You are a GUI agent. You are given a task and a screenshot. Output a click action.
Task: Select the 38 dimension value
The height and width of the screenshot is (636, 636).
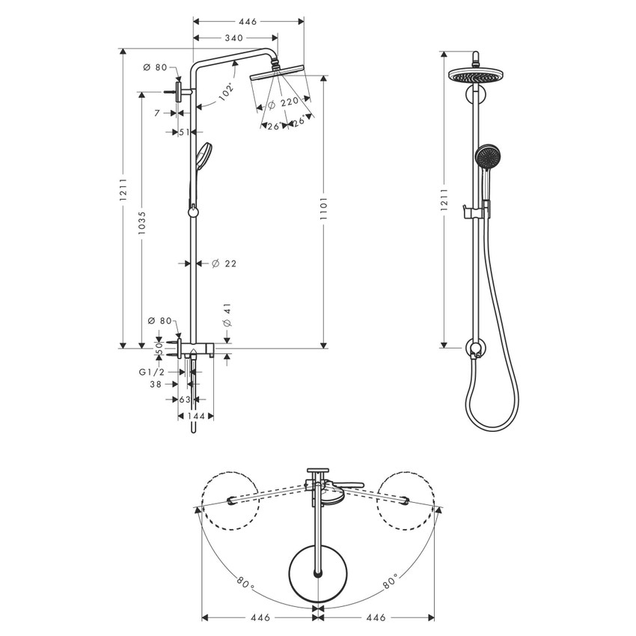tap(156, 385)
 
